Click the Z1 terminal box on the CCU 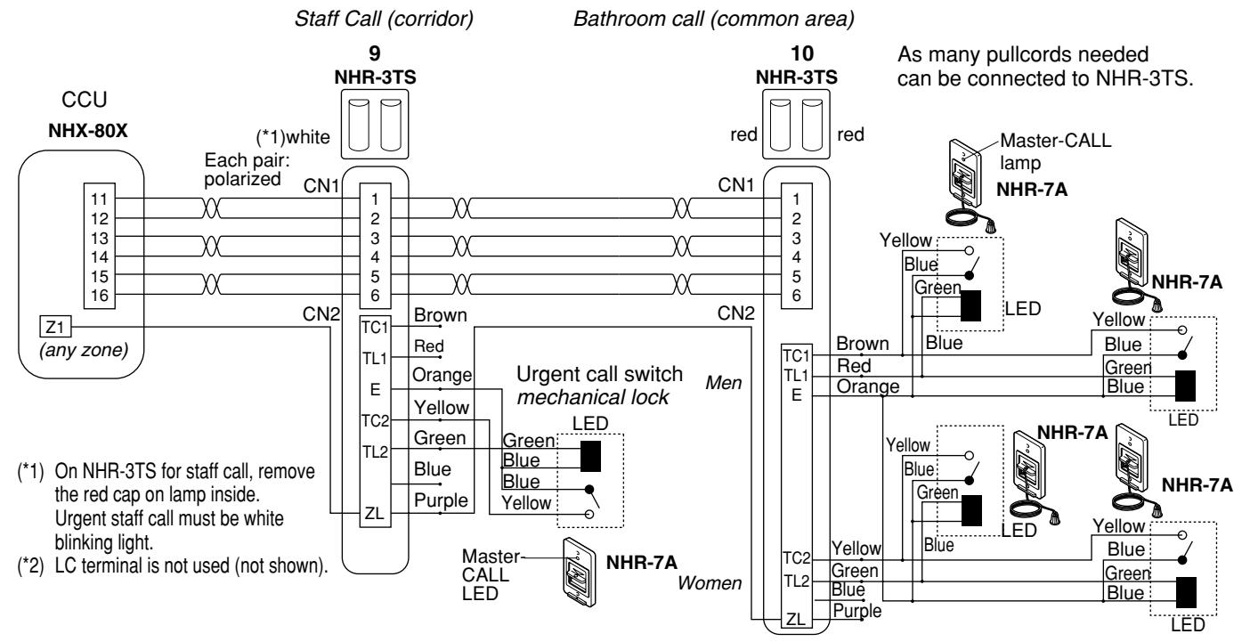[x=55, y=327]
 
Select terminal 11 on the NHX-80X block [x=100, y=199]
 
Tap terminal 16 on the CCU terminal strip [x=100, y=296]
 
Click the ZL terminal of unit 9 [x=375, y=513]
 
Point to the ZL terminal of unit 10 [x=796, y=619]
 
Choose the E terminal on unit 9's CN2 [x=375, y=390]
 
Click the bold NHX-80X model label [x=87, y=131]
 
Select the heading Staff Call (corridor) [x=384, y=19]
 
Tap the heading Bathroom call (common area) [x=714, y=19]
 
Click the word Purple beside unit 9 [x=441, y=500]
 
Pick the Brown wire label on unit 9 [x=441, y=315]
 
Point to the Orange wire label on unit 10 [x=868, y=386]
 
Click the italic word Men [x=724, y=383]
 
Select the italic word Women [x=710, y=583]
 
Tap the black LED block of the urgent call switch [x=591, y=457]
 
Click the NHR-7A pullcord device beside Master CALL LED [x=580, y=572]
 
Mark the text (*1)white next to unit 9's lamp [x=293, y=137]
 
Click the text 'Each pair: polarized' [x=247, y=170]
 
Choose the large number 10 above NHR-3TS [x=802, y=53]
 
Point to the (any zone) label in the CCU [x=84, y=351]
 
